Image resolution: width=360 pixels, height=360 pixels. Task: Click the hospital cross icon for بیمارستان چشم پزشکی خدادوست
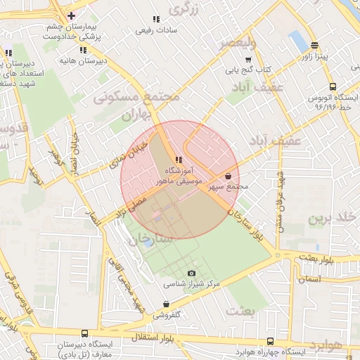71,15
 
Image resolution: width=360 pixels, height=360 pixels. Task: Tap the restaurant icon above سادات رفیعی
155,19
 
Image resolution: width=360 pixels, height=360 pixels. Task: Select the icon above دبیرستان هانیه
84,50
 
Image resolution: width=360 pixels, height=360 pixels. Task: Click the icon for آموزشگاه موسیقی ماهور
179,160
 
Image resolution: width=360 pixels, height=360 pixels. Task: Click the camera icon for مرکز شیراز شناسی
191,273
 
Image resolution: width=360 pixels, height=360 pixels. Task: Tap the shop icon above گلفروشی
166,304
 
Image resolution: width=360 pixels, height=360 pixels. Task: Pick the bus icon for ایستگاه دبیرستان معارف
85,334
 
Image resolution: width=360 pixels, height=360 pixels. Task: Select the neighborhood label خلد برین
328,218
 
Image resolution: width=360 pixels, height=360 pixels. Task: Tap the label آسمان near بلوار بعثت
310,279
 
